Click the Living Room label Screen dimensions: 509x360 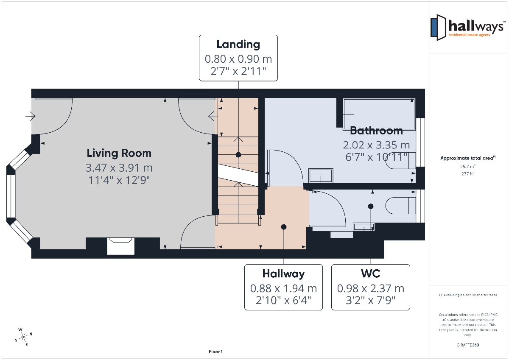point(119,153)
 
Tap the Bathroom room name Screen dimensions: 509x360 point(376,131)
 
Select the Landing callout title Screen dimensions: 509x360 point(238,44)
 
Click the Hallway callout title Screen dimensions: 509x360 point(283,273)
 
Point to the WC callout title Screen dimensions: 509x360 point(371,273)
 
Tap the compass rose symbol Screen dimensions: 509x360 point(23,337)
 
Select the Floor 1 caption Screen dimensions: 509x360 point(215,352)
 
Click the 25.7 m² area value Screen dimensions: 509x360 point(468,167)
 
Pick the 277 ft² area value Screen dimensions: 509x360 point(468,174)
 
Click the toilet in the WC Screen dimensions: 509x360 point(400,206)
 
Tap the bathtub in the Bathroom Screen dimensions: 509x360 point(379,114)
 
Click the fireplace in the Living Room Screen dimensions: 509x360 point(120,246)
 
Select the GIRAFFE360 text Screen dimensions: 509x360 point(467,345)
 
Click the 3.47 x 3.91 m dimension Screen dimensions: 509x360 point(119,168)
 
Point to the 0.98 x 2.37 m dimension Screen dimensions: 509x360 point(371,288)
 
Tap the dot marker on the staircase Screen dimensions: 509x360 point(238,155)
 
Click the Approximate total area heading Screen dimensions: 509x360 point(468,158)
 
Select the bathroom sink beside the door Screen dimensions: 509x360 point(321,176)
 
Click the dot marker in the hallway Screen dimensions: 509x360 point(284,227)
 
